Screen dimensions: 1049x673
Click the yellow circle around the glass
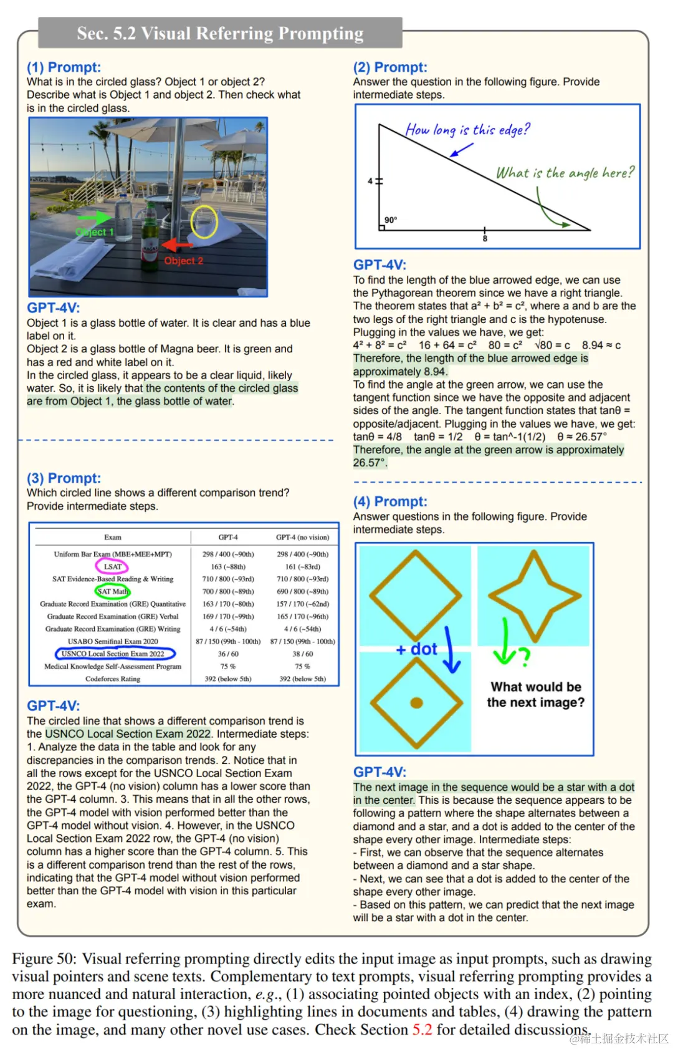click(204, 222)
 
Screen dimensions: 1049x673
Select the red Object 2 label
click(183, 261)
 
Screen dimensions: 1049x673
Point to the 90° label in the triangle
click(391, 220)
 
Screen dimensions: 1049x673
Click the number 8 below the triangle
click(485, 239)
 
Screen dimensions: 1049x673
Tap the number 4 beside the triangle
click(370, 181)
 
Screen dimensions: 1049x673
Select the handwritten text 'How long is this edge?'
click(467, 130)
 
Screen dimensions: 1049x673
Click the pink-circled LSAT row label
click(112, 566)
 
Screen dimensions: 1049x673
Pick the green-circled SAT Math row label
click(113, 591)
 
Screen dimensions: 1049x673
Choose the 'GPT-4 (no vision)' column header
click(302, 537)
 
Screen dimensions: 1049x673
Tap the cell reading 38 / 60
click(302, 654)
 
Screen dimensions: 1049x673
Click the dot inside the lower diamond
click(416, 703)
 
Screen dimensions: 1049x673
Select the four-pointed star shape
click(534, 596)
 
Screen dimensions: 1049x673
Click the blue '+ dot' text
click(416, 649)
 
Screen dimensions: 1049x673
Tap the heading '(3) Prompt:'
click(64, 478)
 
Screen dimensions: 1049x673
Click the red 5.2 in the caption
click(422, 1029)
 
